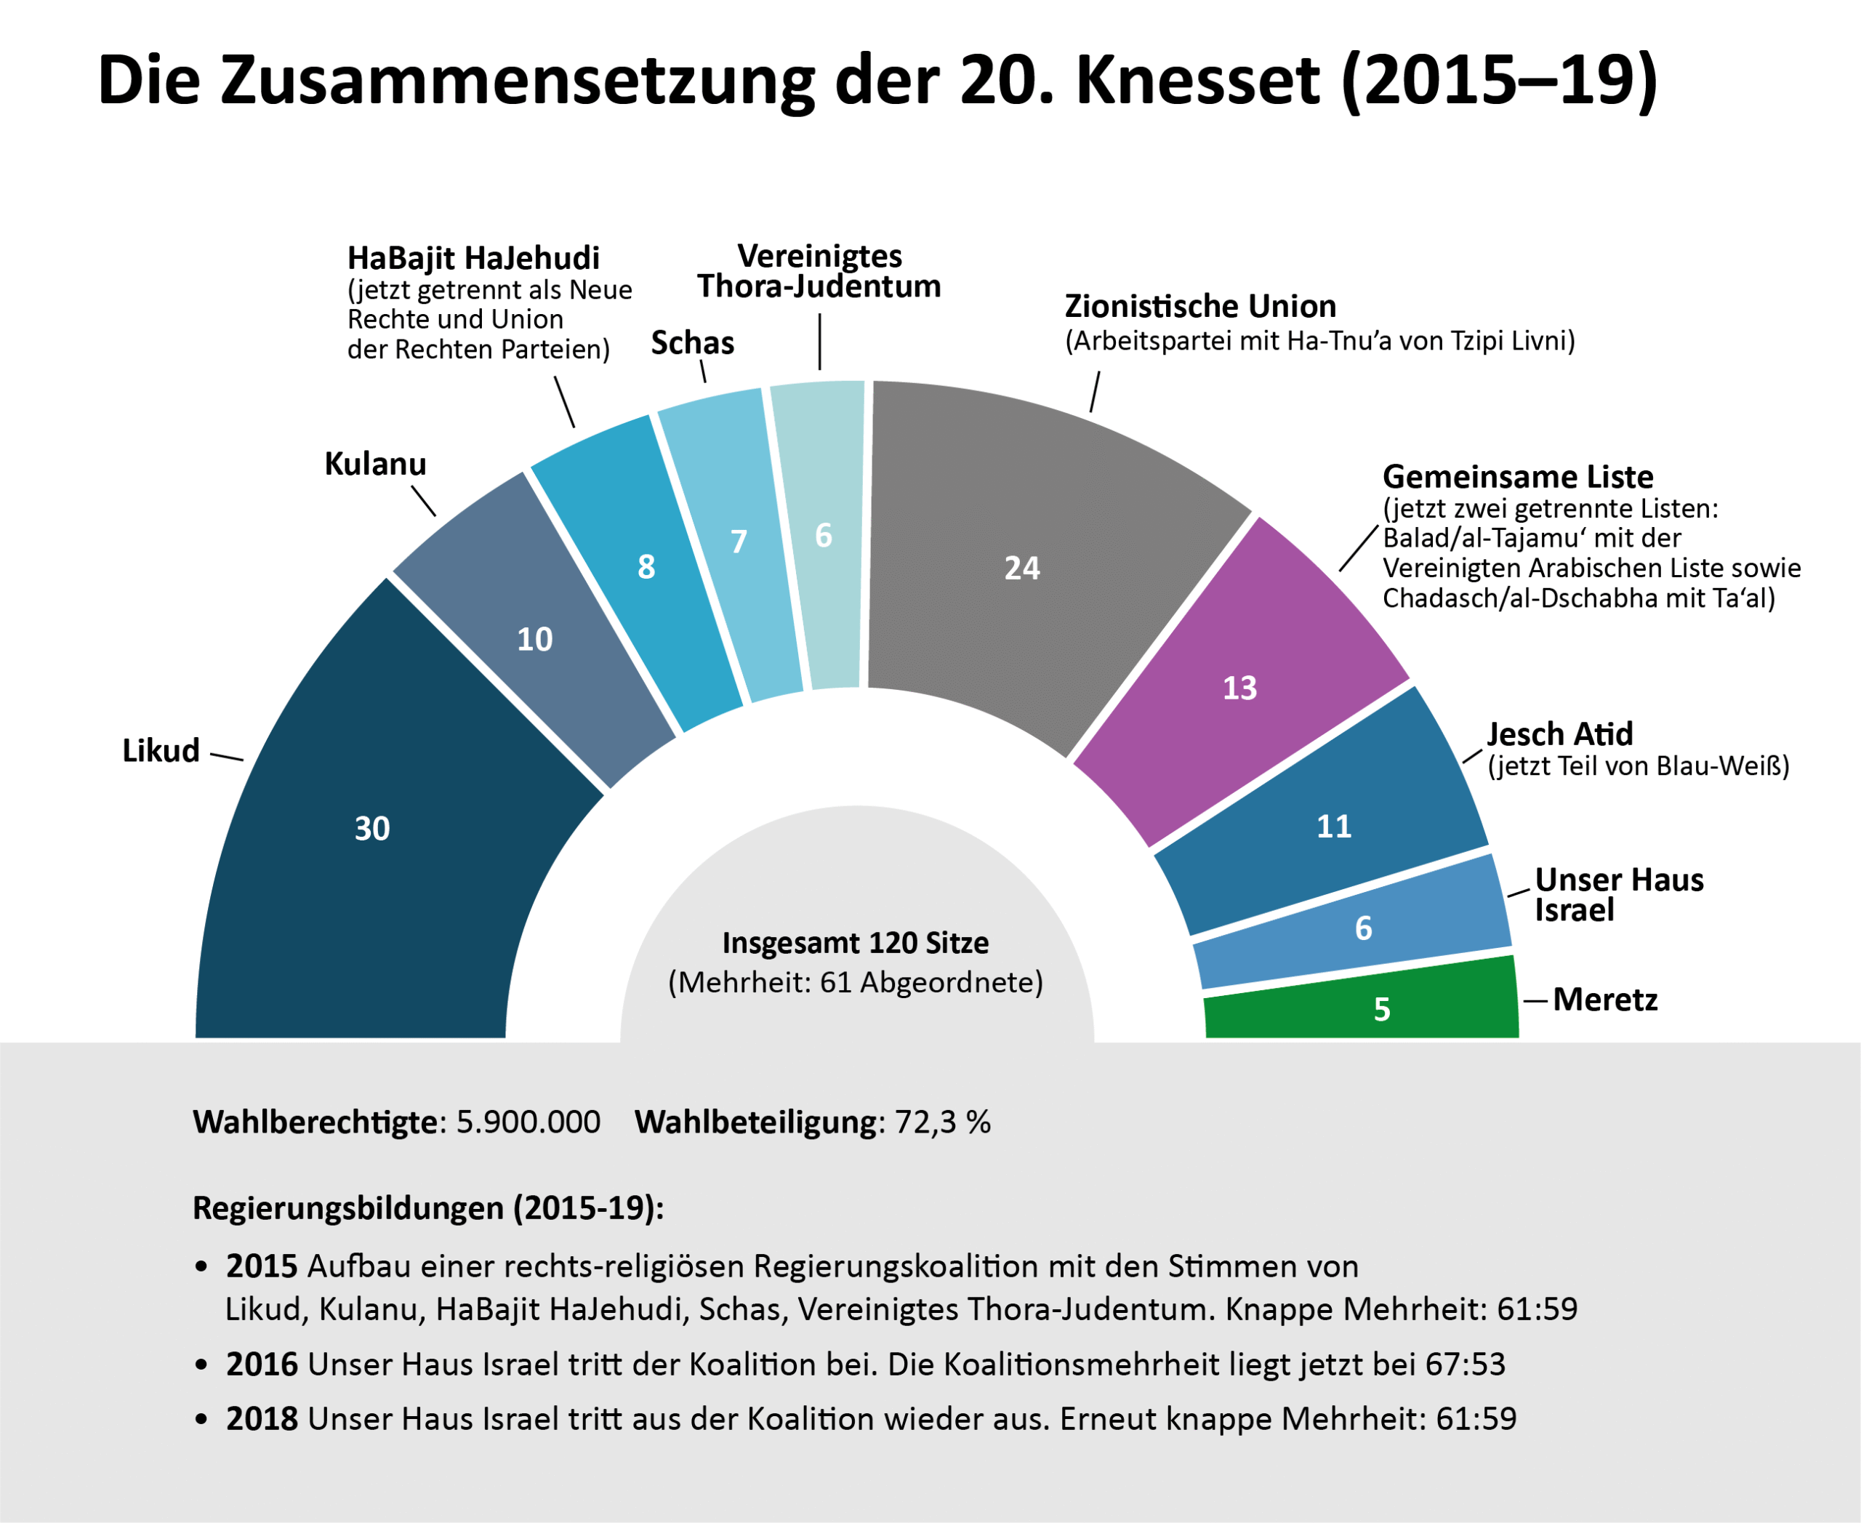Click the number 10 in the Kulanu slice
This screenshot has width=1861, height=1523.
point(534,639)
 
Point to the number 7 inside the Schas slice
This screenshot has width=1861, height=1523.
point(739,542)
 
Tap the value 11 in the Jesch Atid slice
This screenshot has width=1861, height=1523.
point(1334,826)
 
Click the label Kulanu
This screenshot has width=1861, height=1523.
point(376,463)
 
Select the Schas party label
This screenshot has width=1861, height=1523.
point(692,342)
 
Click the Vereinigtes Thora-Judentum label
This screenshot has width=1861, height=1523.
point(819,271)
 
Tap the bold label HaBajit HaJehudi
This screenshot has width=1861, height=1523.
point(473,258)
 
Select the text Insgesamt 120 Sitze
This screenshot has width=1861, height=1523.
point(855,942)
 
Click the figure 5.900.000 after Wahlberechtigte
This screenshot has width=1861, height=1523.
point(528,1122)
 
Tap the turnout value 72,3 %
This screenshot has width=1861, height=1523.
point(942,1122)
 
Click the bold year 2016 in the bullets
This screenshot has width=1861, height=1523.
point(262,1365)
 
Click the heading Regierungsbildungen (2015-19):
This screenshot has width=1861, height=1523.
point(428,1208)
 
